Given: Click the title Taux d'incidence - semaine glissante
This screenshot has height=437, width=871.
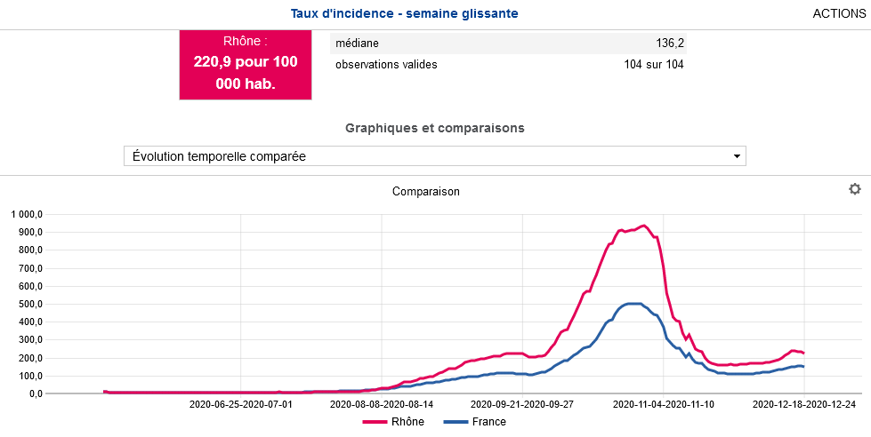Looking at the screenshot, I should (404, 14).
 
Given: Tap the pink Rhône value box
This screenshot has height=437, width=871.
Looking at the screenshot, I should (246, 64).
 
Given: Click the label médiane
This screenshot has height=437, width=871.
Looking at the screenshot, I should (358, 44).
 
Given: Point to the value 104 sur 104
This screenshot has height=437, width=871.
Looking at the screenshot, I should (654, 64).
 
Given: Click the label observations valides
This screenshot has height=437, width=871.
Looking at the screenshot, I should (386, 64).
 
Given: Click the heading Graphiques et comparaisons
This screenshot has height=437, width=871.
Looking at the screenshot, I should (435, 128).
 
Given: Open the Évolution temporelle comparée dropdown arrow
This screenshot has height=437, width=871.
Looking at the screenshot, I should (737, 156).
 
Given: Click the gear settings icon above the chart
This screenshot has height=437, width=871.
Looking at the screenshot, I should (855, 189).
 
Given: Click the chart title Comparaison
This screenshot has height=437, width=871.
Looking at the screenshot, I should (426, 191).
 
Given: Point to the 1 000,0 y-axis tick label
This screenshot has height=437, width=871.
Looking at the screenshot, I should (27, 214).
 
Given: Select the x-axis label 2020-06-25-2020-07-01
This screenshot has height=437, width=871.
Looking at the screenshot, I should (240, 404).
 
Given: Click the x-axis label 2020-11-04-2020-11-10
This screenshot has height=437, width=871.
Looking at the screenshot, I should (663, 404).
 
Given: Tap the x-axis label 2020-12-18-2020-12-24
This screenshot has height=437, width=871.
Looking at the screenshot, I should (804, 404).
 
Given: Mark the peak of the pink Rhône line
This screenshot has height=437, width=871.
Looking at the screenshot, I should (644, 226).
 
